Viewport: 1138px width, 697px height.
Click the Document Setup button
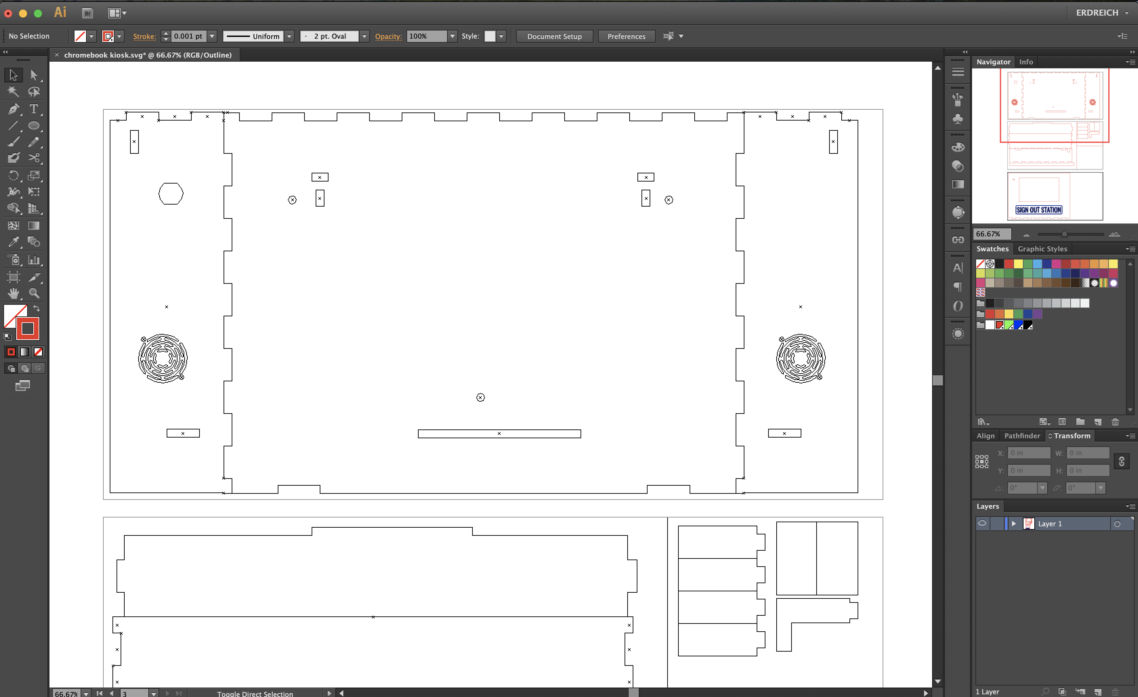pyautogui.click(x=554, y=36)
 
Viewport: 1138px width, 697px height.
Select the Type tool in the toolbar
pyautogui.click(x=34, y=109)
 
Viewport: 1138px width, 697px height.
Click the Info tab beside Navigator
pyautogui.click(x=1026, y=61)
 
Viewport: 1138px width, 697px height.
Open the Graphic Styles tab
pyautogui.click(x=1042, y=249)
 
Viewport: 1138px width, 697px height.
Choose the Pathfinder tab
pyautogui.click(x=1021, y=436)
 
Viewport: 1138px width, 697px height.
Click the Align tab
pyautogui.click(x=985, y=436)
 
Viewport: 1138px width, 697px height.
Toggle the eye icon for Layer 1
pyautogui.click(x=982, y=523)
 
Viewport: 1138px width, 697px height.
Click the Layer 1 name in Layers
pyautogui.click(x=1050, y=523)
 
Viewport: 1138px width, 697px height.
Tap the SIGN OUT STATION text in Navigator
pyautogui.click(x=1039, y=210)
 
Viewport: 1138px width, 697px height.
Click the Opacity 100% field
pyautogui.click(x=426, y=36)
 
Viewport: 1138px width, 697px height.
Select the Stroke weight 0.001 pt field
pyautogui.click(x=188, y=36)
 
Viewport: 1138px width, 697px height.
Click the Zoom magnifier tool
pyautogui.click(x=34, y=293)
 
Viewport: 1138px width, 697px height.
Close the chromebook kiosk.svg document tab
pyautogui.click(x=57, y=55)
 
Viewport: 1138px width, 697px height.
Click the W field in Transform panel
pyautogui.click(x=1088, y=453)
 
